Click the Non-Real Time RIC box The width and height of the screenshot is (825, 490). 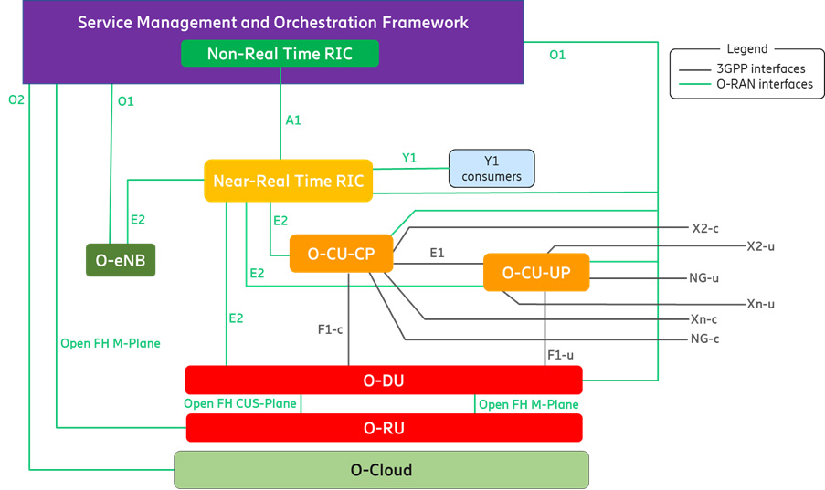coord(280,54)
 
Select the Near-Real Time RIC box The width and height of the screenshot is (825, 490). coord(289,181)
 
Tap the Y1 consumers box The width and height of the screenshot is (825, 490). coord(492,168)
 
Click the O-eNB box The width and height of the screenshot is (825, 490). coord(121,260)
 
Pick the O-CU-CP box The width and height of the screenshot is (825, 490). coord(342,254)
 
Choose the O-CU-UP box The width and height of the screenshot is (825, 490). coord(536,272)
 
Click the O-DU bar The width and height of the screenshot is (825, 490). coord(384,381)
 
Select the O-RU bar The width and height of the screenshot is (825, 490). coord(384,428)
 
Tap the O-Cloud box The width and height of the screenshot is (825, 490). coord(382,470)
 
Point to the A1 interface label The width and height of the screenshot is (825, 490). coord(293,120)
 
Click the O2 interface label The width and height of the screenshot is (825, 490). coord(16,99)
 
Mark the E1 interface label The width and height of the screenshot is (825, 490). coord(437,253)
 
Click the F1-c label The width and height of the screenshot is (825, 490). coord(330,329)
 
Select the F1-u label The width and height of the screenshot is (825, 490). coord(560,355)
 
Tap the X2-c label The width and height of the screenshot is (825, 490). coord(705,228)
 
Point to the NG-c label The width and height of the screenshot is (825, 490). coord(705,339)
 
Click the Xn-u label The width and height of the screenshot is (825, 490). coord(761,304)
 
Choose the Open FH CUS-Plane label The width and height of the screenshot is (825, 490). coord(240,404)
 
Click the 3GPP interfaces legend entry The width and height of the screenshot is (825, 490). coord(742,68)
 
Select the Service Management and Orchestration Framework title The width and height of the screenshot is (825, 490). coord(272,22)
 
